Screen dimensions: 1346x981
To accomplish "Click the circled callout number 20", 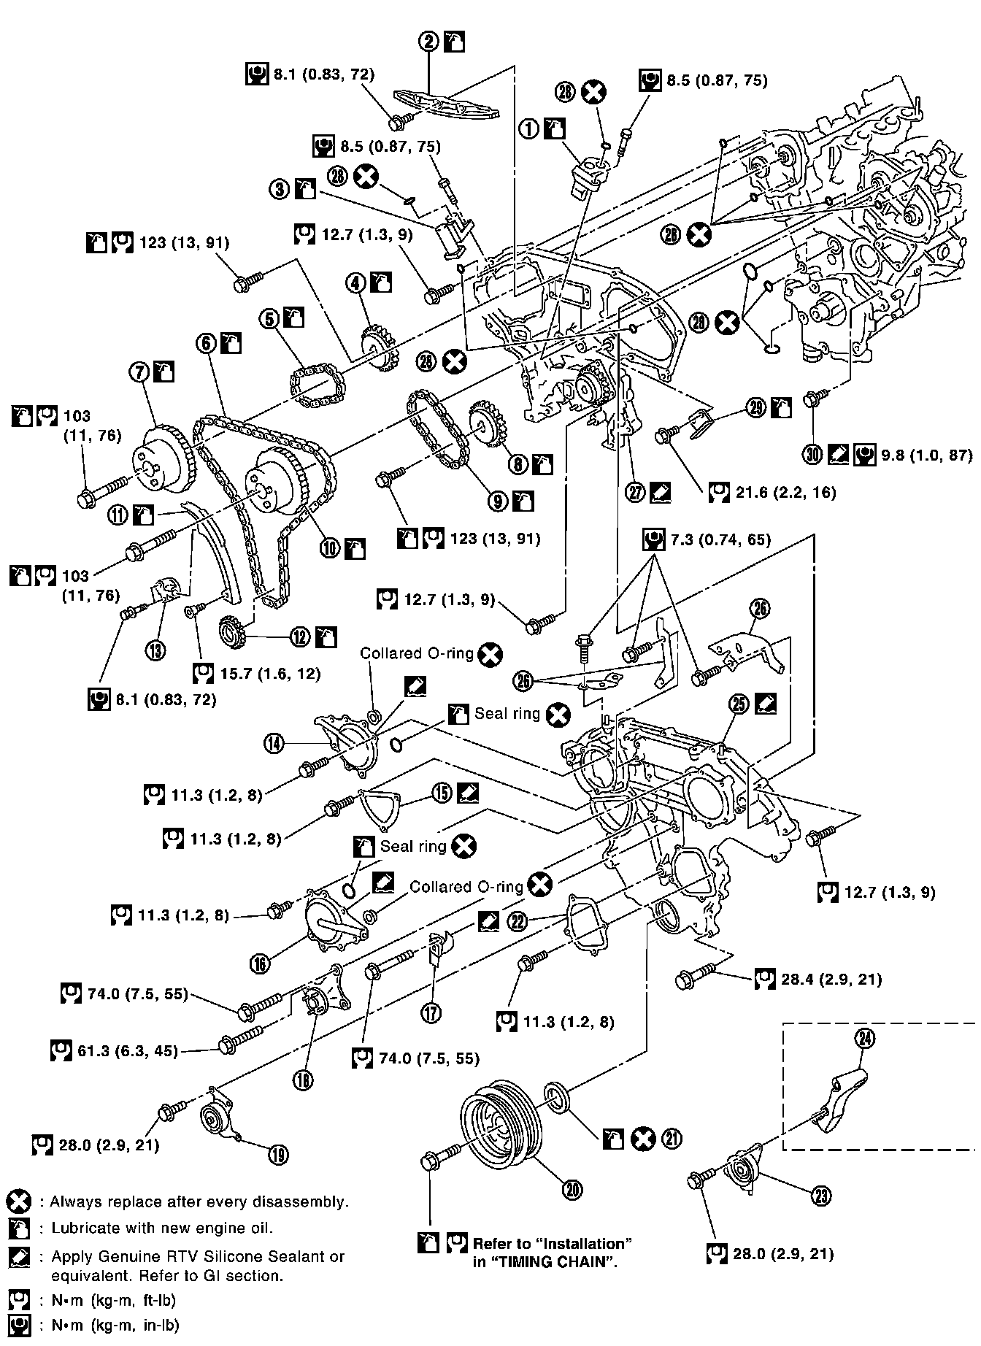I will point(572,1190).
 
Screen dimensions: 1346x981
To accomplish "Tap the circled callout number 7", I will point(139,372).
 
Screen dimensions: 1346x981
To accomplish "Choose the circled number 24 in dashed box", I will point(865,1039).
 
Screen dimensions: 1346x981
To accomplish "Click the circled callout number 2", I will point(429,42).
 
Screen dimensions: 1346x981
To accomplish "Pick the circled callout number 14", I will point(274,744).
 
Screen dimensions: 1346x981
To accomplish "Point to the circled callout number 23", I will point(823,1195).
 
